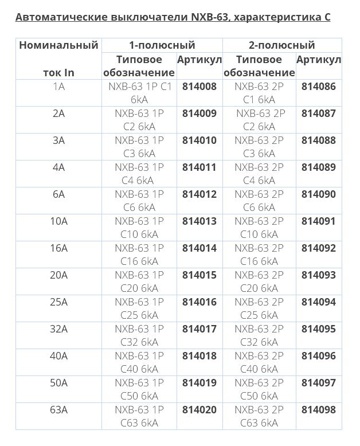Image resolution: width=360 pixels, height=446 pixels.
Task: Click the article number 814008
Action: (x=199, y=87)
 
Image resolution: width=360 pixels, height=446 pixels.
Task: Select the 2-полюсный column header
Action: (x=281, y=45)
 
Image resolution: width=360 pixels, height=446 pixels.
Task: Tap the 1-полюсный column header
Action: (x=162, y=45)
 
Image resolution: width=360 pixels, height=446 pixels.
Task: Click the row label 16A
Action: (x=58, y=248)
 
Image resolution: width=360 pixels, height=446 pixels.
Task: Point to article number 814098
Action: (x=318, y=410)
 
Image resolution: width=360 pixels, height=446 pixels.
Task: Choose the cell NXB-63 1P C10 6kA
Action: (x=139, y=228)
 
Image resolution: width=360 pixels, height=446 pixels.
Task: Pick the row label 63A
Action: (x=58, y=410)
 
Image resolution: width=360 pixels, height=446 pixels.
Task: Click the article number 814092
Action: (x=318, y=248)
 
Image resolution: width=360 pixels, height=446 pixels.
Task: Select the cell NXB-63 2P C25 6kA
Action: (x=259, y=308)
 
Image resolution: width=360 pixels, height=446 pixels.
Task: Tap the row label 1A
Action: (x=58, y=87)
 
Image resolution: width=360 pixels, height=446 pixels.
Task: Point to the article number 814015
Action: (x=199, y=275)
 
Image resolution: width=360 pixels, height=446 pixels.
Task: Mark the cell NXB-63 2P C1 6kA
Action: (x=259, y=93)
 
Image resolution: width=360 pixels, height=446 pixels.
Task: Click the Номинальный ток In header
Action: (x=58, y=58)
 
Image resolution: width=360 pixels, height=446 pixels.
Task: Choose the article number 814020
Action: (x=199, y=410)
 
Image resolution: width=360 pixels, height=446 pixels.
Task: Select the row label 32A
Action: (x=58, y=329)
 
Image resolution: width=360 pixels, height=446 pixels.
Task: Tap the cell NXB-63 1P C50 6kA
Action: (x=139, y=389)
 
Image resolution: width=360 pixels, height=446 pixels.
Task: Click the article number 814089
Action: (x=318, y=167)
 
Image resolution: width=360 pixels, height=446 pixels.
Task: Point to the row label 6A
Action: (x=58, y=194)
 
